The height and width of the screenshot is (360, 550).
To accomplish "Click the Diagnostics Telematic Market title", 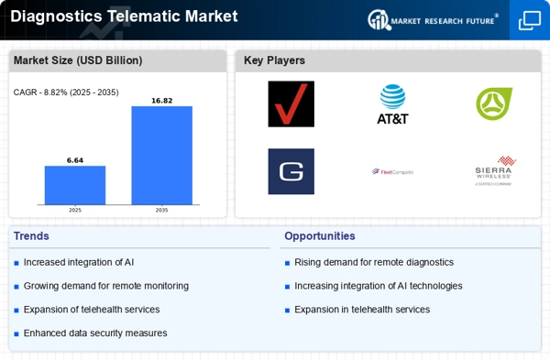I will point(124,16).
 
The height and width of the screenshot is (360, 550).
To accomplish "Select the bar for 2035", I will point(161,155).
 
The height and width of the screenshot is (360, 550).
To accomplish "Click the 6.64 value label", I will point(75,160).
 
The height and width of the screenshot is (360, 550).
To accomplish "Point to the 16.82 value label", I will point(161,101).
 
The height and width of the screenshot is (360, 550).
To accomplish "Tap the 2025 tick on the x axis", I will point(75,210).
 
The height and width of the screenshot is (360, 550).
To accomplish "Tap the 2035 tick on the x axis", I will point(161,210).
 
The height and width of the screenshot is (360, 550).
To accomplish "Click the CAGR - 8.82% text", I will point(66,92).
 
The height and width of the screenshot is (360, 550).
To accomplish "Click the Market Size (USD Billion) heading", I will point(77,60).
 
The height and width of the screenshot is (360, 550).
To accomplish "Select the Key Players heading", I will point(274,60).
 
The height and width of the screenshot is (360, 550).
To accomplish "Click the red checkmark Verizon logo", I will point(291,104).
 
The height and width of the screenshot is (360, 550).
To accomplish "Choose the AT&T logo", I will point(392,104).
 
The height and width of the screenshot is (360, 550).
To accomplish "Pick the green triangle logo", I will point(494,104).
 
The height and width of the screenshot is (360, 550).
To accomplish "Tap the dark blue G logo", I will point(291,171).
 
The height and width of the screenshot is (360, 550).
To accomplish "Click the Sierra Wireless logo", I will point(494,170).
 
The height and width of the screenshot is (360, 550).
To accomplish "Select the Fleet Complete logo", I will point(392,171).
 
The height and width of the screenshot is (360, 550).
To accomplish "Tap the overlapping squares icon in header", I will point(530,20).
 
